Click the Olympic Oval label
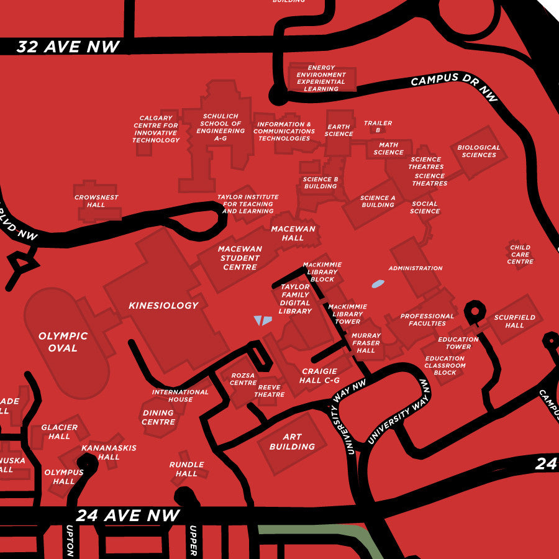pyautogui.click(x=63, y=342)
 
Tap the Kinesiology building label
pyautogui.click(x=163, y=306)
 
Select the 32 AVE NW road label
pyautogui.click(x=68, y=47)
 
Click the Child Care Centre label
pyautogui.click(x=520, y=255)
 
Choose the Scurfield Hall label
pyautogui.click(x=514, y=321)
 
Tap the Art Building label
pyautogui.click(x=292, y=442)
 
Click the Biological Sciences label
pyautogui.click(x=478, y=152)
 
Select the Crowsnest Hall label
pyautogui.click(x=96, y=201)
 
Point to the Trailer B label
pyautogui.click(x=378, y=127)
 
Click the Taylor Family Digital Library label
pyautogui.click(x=295, y=299)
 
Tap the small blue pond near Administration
pyautogui.click(x=378, y=284)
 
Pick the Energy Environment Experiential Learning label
pyautogui.click(x=321, y=78)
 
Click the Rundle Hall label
pyautogui.click(x=186, y=469)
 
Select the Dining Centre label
pyautogui.click(x=158, y=417)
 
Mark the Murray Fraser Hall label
pyautogui.click(x=366, y=343)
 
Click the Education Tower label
pyautogui.click(x=458, y=343)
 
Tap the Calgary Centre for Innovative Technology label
pyautogui.click(x=156, y=129)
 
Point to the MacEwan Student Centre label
pyautogui.click(x=240, y=258)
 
